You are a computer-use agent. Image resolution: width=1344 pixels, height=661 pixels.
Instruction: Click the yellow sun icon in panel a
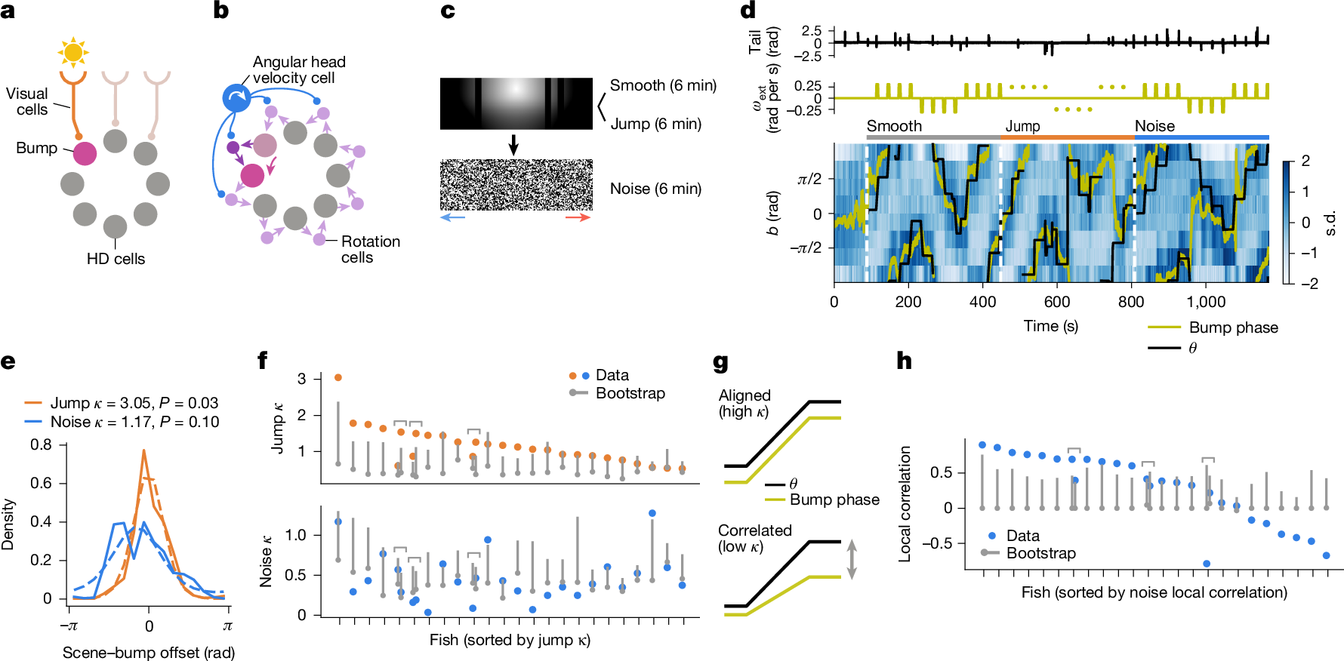73,52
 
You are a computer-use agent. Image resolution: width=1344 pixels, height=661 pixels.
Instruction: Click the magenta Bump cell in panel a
85,153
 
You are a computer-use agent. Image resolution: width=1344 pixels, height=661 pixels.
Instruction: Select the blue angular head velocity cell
236,97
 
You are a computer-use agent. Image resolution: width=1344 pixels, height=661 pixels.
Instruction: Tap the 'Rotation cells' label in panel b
370,249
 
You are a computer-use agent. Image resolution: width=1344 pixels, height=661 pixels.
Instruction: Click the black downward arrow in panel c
513,144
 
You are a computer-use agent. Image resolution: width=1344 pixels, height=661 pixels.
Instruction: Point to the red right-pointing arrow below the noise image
578,217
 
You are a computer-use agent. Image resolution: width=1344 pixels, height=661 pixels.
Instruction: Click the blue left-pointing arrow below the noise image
452,217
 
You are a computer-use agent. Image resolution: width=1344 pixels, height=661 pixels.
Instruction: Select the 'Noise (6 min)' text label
655,189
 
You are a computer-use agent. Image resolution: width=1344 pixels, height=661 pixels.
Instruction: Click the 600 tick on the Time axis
1057,302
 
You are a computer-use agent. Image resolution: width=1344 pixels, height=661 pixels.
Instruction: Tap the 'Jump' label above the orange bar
1022,126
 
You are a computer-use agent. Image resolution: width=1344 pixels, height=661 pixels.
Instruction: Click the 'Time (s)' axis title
1050,326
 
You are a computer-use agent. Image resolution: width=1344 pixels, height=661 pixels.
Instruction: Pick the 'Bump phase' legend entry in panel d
1232,327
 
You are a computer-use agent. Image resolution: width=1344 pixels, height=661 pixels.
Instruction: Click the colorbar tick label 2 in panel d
1305,161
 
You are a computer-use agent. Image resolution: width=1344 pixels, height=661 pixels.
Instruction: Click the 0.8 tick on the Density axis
41,444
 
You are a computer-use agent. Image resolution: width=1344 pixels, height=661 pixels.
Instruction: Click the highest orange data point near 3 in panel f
338,377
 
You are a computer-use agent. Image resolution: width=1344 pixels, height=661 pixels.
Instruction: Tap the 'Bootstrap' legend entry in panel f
629,393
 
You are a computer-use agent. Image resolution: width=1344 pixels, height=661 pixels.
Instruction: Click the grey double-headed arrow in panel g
852,559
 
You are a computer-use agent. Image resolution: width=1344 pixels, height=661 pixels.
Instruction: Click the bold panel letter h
904,361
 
